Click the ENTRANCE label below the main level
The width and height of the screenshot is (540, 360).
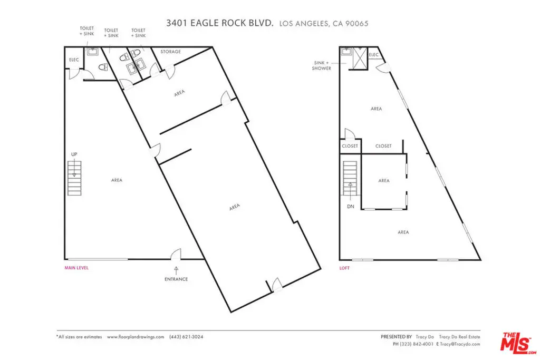tap(176, 279)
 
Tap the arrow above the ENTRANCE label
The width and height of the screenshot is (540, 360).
tap(176, 270)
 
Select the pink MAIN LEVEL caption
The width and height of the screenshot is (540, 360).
tap(76, 268)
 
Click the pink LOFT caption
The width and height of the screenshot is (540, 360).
tap(344, 268)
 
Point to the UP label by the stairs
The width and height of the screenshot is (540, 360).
tap(74, 154)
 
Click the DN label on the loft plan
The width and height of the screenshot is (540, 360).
tap(350, 207)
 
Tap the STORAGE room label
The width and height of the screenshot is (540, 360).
tap(170, 52)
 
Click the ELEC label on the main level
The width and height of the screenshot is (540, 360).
tap(74, 60)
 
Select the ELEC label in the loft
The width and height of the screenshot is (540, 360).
tap(374, 55)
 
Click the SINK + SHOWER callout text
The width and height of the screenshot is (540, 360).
tap(321, 65)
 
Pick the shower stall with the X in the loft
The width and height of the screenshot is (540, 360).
tap(360, 59)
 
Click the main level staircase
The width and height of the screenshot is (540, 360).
tap(74, 178)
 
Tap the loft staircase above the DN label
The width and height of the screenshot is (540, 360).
tap(350, 178)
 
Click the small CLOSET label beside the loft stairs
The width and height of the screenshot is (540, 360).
tap(350, 146)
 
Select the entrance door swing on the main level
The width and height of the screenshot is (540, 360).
tap(176, 254)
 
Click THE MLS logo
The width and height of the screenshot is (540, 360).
tap(518, 343)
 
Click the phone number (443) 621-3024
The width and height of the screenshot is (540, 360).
tap(186, 337)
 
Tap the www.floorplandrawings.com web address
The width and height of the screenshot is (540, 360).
tap(136, 337)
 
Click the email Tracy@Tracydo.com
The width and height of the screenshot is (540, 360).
tap(460, 344)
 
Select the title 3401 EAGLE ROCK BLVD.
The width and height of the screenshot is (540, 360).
tap(220, 23)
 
